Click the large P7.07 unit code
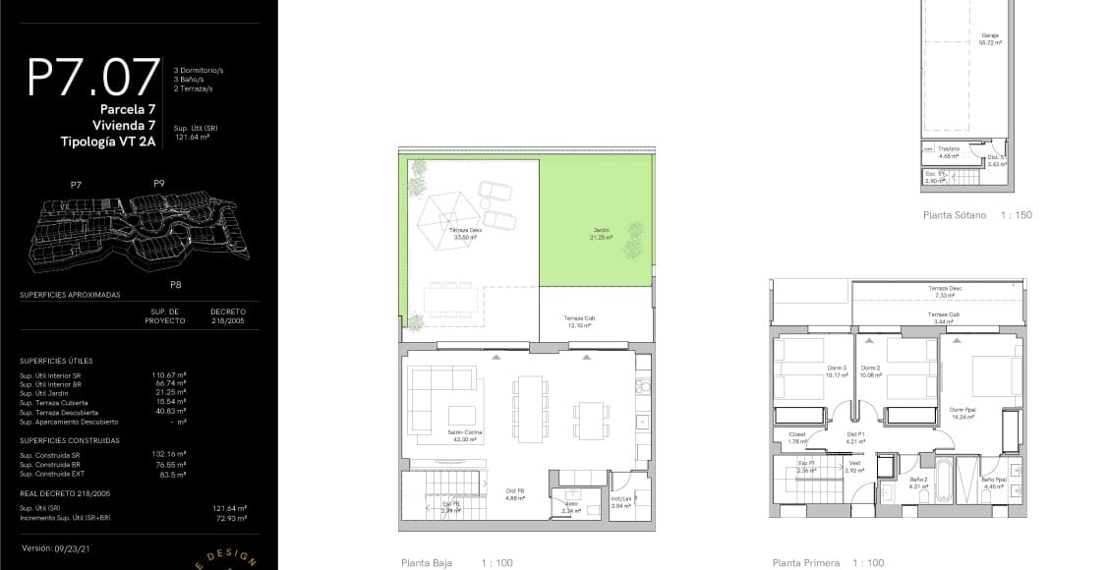tap(94, 78)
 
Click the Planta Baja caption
tap(427, 563)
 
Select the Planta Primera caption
tap(806, 563)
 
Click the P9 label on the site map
tap(159, 184)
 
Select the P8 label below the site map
tap(175, 285)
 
